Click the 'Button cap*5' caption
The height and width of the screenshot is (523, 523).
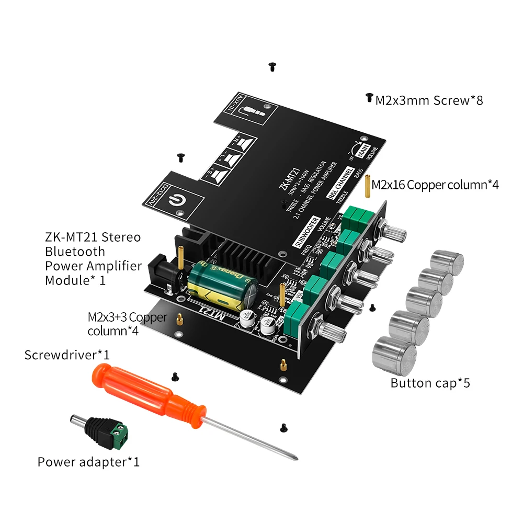[430, 383]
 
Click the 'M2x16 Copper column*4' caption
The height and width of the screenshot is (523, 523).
[435, 185]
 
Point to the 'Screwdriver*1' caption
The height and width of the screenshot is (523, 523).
[67, 355]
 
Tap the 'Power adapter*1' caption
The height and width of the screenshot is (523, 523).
[88, 462]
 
